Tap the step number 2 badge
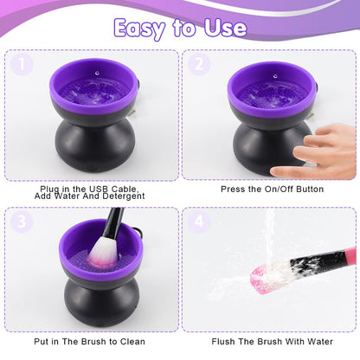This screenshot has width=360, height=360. pos(200,64)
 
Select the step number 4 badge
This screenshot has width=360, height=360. pos(200,221)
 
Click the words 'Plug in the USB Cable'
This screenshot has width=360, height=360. pos(90,188)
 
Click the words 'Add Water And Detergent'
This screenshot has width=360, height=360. pos(90,196)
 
